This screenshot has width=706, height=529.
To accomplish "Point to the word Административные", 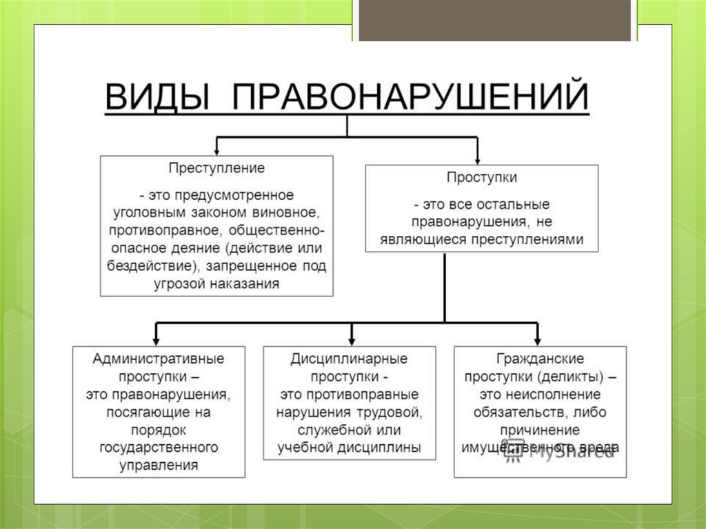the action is tap(159, 359).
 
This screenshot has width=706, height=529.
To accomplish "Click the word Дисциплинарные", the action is tap(349, 359).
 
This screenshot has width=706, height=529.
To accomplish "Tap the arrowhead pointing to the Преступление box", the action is tap(217, 150).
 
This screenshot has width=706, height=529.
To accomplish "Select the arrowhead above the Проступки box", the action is tap(476, 157).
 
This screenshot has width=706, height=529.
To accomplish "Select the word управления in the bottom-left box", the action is tap(159, 466).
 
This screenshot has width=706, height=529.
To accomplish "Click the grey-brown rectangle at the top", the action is tap(495, 20).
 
